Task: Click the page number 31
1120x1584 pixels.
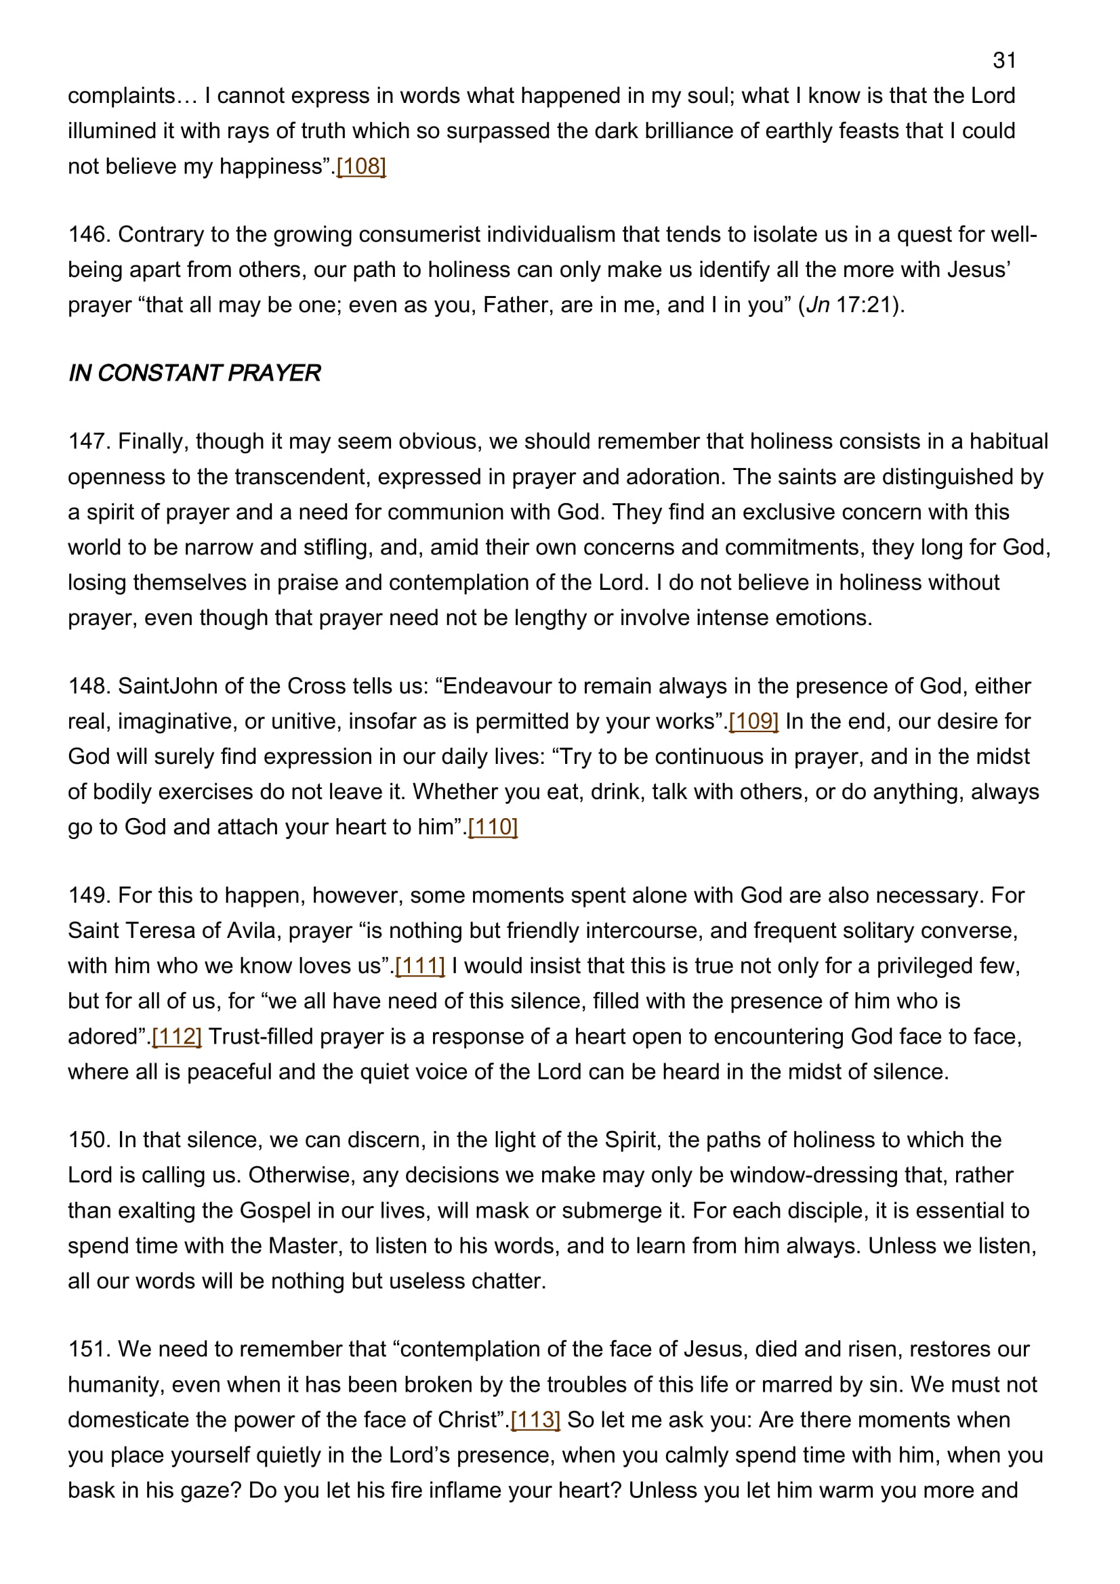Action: coord(1004,61)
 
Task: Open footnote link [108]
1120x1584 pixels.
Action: coord(361,167)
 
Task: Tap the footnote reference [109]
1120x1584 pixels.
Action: coord(753,721)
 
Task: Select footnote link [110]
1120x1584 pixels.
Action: coord(493,826)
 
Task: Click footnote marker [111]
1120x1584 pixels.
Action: coord(419,966)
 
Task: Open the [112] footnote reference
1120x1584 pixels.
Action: coord(177,1036)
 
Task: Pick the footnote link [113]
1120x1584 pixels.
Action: coord(535,1420)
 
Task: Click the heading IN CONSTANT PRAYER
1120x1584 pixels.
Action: coord(194,373)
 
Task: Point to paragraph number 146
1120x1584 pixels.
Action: coord(89,234)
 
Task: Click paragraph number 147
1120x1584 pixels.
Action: coord(89,442)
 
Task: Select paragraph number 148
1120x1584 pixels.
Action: coord(89,687)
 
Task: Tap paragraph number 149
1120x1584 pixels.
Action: coord(89,895)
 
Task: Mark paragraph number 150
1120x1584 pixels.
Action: coord(89,1140)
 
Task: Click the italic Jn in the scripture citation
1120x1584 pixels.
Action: coord(818,305)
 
